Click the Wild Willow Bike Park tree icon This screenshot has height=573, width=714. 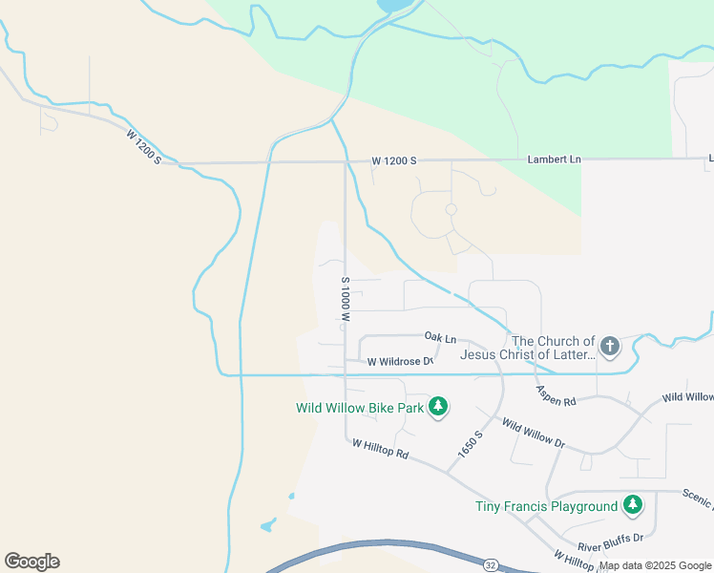[x=438, y=407]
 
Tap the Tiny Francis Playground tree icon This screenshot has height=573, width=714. [x=632, y=505]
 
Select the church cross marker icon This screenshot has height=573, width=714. [x=610, y=347]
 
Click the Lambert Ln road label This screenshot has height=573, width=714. [x=554, y=159]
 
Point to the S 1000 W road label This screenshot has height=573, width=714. [x=346, y=299]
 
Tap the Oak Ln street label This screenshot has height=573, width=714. [x=440, y=338]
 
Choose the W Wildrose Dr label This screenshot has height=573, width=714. [x=401, y=362]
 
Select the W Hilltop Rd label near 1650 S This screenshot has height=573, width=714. [x=380, y=449]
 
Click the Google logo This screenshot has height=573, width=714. [x=31, y=562]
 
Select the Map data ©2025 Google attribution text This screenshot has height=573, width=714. [x=656, y=565]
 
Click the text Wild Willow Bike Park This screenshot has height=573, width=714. [x=359, y=408]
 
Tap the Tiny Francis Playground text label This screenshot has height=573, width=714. [x=547, y=506]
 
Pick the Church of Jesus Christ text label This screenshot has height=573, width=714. [x=527, y=348]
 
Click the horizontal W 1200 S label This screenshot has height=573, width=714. [x=394, y=160]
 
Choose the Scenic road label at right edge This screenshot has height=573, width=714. [x=698, y=497]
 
